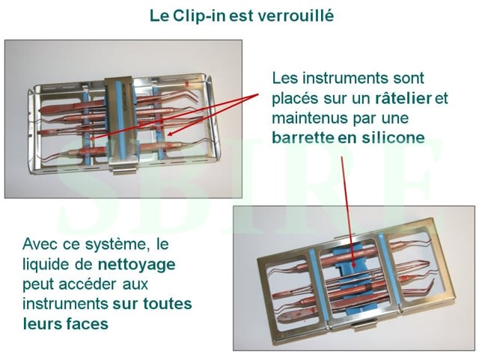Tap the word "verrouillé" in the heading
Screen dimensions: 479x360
(296, 16)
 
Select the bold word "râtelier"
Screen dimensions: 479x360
(403, 98)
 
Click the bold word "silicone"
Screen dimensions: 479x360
(394, 138)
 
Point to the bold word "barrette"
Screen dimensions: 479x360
(302, 138)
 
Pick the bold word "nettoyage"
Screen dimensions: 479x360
(136, 265)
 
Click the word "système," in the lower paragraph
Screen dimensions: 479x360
(118, 245)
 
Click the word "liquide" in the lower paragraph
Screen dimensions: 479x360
(46, 264)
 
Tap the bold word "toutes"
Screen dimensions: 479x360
(168, 304)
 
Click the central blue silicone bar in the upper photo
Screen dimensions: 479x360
(120, 119)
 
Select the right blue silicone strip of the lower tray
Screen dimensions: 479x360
(389, 269)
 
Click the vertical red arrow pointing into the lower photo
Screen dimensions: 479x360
(347, 213)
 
